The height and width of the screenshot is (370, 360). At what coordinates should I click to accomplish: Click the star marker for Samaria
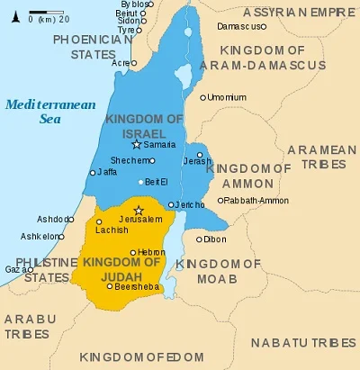[137, 144]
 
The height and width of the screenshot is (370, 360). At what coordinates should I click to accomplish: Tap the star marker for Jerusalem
[138, 210]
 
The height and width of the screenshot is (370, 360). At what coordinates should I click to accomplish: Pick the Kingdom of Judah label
[122, 269]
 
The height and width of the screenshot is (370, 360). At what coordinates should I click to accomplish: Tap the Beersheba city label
[135, 286]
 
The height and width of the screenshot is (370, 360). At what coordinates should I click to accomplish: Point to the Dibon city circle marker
[199, 239]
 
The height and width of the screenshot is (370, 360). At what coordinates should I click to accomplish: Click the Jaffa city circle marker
[92, 172]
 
